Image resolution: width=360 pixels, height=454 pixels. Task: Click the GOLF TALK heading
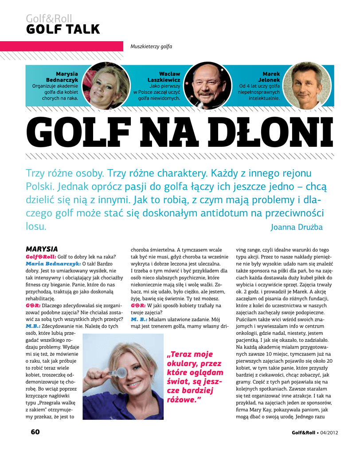pyautogui.click(x=63, y=30)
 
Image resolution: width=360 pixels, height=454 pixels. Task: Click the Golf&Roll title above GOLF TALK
pyautogui.click(x=49, y=19)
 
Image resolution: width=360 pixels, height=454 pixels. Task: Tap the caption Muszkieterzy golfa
pyautogui.click(x=151, y=47)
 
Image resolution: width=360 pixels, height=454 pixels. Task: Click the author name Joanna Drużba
pyautogui.click(x=296, y=227)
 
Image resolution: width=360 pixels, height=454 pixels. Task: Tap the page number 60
pyautogui.click(x=35, y=432)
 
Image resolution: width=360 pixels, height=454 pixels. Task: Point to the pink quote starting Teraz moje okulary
pyautogui.click(x=195, y=376)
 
